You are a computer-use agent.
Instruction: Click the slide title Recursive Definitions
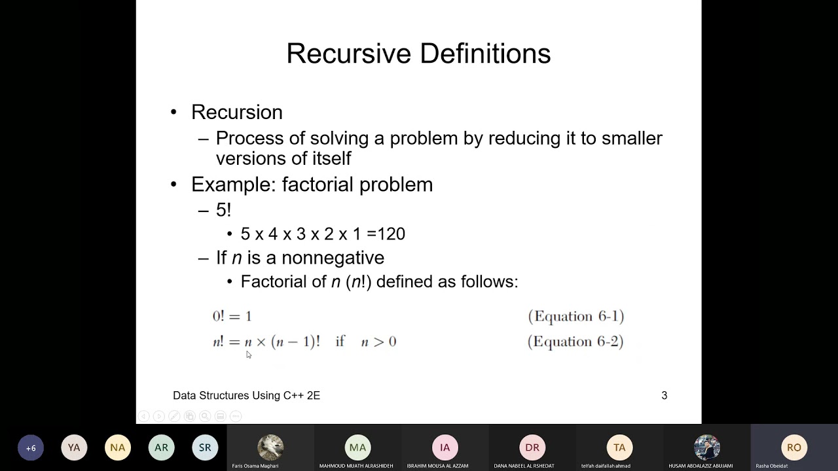pos(418,54)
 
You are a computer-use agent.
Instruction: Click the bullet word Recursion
pos(236,113)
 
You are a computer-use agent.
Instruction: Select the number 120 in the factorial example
pos(391,234)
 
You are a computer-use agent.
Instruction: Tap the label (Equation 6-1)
pos(575,317)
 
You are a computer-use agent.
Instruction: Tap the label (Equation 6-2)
pos(575,341)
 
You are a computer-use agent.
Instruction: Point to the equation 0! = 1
pos(232,317)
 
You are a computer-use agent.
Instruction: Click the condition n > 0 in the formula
pos(378,342)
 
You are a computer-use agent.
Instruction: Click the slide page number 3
pos(664,396)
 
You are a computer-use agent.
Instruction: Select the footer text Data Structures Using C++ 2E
pos(246,396)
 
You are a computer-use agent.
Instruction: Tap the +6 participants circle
pos(31,448)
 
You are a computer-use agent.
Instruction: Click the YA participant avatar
pos(74,448)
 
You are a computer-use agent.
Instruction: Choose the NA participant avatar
pos(118,448)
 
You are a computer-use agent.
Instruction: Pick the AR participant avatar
pos(161,448)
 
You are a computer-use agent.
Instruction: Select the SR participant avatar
pos(205,448)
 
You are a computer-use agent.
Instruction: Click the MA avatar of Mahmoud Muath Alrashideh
pos(357,448)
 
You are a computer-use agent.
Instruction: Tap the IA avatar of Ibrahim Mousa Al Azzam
pos(445,448)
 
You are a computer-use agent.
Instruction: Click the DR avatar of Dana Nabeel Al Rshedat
pos(532,448)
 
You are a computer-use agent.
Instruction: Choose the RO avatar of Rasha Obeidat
pos(794,448)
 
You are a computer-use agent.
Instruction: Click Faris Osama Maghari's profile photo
pos(270,448)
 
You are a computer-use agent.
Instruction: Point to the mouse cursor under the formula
pos(249,355)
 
